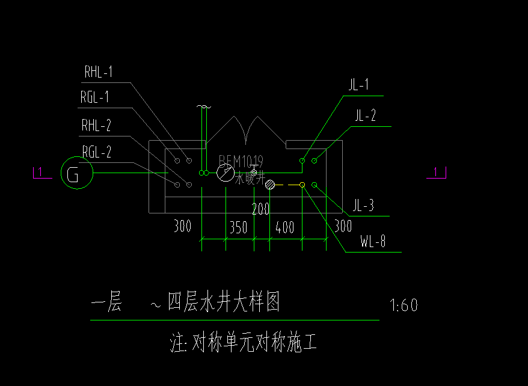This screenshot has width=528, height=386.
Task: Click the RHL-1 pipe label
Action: coord(98,73)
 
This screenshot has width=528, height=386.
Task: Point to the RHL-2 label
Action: coord(96,126)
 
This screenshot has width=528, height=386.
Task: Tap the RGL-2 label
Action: coord(96,153)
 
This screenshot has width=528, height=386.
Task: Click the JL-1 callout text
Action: coord(358,85)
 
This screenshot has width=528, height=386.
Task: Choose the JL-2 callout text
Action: coord(365,116)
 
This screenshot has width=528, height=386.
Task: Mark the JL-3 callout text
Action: coord(363,207)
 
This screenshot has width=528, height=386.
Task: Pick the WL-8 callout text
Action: coord(373,243)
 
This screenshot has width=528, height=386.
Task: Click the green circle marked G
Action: coord(77,173)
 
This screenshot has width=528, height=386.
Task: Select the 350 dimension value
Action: coord(238,228)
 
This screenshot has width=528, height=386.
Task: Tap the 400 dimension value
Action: coord(284,228)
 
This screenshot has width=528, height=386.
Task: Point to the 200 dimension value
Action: coord(260,210)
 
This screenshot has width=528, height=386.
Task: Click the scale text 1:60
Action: coord(404,305)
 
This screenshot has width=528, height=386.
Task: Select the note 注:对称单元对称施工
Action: coord(244,344)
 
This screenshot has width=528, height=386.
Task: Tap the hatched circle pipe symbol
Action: coord(270,185)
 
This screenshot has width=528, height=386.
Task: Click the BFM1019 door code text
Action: coord(241,161)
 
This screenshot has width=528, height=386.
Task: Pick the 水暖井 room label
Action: coord(250,178)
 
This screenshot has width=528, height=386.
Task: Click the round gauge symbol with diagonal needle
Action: coord(226,173)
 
